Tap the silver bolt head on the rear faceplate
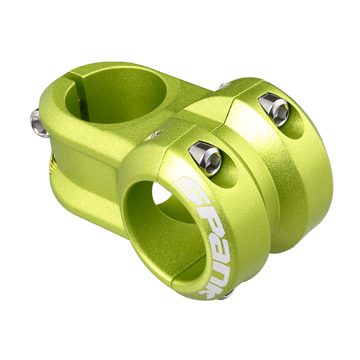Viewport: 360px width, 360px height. coord(274,108)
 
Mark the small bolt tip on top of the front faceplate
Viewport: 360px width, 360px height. coord(155,134)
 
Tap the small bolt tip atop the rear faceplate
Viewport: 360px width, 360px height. coord(224,86)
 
